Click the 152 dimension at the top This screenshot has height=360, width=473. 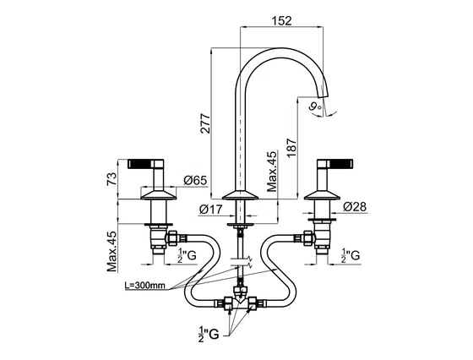pos(282,20)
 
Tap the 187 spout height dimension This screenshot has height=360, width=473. pos(291,148)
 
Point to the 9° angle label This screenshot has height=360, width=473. pos(315,106)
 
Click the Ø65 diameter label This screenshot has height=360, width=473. pos(195,181)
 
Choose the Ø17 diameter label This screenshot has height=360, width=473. pos(211,209)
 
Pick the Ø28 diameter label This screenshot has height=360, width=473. pos(355,207)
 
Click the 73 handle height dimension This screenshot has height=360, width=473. pos(111,178)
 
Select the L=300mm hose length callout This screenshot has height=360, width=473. pos(144,285)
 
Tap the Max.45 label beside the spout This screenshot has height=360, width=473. pos(272,172)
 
